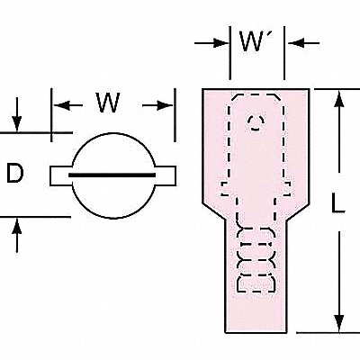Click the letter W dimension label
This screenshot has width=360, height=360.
(108, 103)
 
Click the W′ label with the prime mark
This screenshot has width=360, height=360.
(252, 41)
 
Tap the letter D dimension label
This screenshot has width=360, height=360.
(14, 173)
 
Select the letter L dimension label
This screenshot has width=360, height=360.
(337, 202)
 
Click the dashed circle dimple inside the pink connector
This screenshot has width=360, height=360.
(256, 122)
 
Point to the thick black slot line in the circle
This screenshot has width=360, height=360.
(112, 175)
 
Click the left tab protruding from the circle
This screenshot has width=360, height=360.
(61, 175)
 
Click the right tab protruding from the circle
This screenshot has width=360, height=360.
(165, 175)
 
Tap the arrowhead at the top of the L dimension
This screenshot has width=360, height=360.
(339, 99)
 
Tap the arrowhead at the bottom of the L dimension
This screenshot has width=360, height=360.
(339, 323)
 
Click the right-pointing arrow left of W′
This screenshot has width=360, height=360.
(211, 43)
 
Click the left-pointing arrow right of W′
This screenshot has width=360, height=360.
(303, 43)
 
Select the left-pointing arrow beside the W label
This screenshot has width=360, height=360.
(67, 105)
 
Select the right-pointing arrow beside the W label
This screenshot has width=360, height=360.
(158, 105)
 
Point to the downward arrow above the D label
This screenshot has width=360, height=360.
(17, 114)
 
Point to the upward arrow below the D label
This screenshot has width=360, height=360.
(17, 235)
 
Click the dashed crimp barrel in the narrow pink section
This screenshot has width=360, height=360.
(256, 259)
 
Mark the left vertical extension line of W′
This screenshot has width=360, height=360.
(230, 53)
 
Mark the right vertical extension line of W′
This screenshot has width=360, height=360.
(284, 53)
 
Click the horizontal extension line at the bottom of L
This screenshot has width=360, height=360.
(328, 332)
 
